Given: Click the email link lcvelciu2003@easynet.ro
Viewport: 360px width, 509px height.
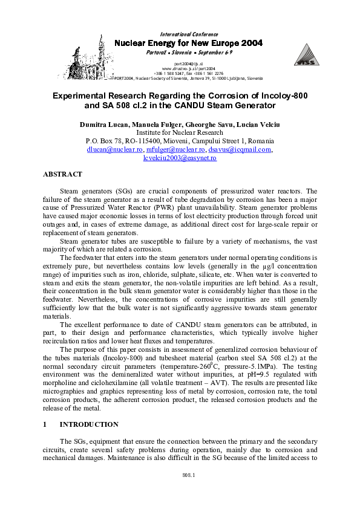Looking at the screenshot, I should coord(180,157).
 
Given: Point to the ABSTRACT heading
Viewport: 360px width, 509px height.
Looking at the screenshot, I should coord(62,174).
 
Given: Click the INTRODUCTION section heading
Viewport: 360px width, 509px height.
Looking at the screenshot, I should coord(89,424).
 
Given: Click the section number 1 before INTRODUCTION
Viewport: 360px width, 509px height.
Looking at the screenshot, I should coord(45,424).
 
